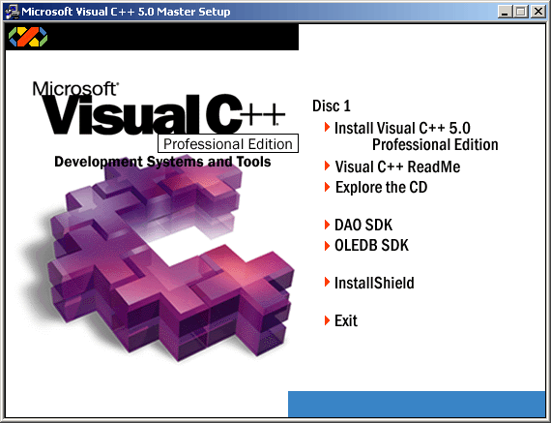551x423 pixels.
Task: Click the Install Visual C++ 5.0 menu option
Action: (416, 136)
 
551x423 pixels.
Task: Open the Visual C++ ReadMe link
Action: (397, 166)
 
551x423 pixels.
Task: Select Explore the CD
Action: (381, 187)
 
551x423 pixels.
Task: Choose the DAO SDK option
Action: (363, 225)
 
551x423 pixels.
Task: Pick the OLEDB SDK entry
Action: (371, 245)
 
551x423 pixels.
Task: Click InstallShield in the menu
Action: (374, 283)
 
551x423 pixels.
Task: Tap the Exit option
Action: (346, 320)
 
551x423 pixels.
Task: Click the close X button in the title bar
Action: (538, 12)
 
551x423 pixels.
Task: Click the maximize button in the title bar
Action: (521, 12)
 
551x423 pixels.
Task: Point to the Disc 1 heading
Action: (332, 106)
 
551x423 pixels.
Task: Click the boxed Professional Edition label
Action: (228, 143)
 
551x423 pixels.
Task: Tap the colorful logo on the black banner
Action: (28, 37)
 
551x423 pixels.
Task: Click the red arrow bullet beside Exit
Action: (327, 320)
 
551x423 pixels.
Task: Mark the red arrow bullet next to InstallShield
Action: (327, 282)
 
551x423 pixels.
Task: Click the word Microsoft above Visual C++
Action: (75, 89)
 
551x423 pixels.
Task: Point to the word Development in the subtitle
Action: (99, 163)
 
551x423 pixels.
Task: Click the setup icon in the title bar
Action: (12, 12)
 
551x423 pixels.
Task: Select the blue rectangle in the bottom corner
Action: (417, 404)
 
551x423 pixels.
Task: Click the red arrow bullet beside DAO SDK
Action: (327, 225)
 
